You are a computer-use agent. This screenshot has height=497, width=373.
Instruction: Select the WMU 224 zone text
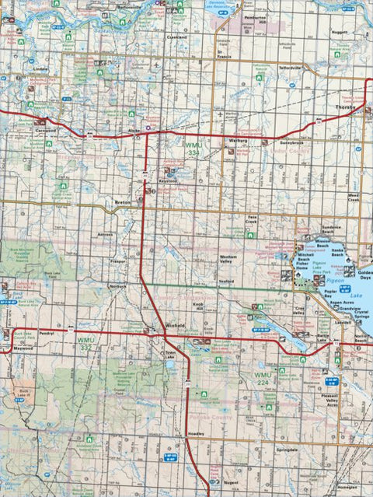267,376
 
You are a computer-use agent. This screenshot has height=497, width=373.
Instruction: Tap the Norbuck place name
118,286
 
